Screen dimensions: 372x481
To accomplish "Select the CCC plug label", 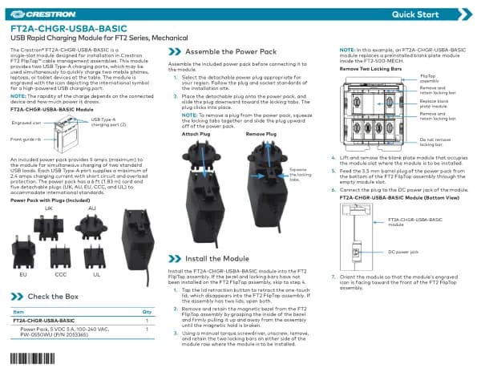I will (x=61, y=273).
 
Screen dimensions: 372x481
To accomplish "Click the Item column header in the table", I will (x=19, y=311).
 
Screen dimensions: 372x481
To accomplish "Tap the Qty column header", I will (x=147, y=311).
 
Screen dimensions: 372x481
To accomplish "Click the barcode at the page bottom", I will (x=33, y=358).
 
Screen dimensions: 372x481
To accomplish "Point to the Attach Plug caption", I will (x=196, y=134).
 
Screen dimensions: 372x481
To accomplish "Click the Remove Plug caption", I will (x=261, y=134).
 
